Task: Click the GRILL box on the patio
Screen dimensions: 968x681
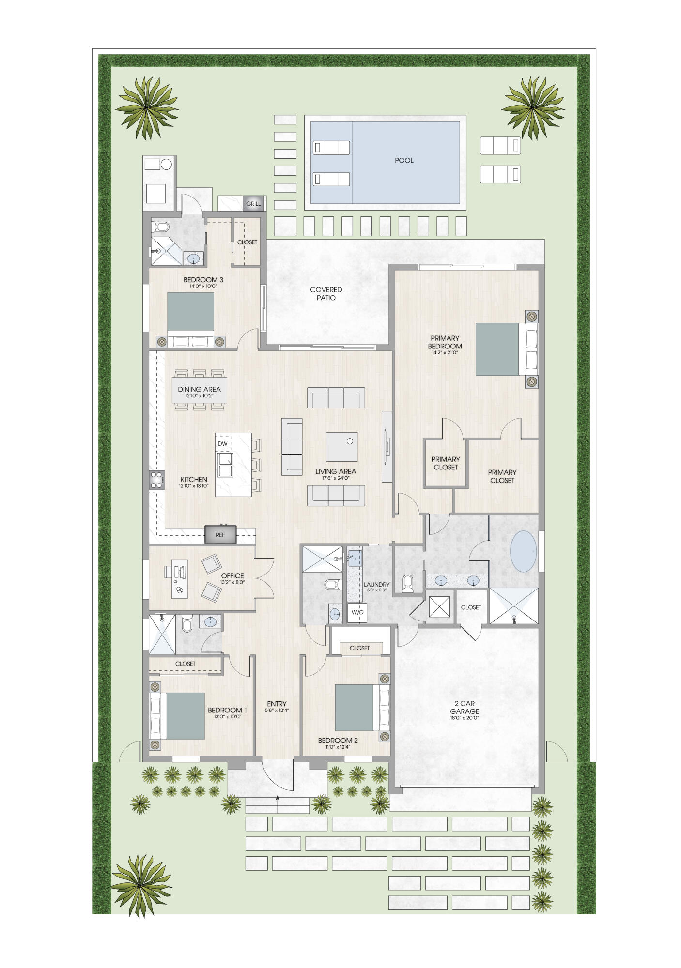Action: pyautogui.click(x=253, y=204)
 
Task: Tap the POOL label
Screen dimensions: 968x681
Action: pyautogui.click(x=404, y=160)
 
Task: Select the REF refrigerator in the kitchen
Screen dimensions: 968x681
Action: pyautogui.click(x=220, y=535)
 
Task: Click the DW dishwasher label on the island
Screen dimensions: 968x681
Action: pyautogui.click(x=222, y=443)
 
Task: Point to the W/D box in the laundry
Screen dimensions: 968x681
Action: pyautogui.click(x=357, y=612)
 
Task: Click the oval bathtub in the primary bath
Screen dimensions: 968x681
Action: pyautogui.click(x=524, y=552)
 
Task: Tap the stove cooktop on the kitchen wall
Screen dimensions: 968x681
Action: pyautogui.click(x=156, y=480)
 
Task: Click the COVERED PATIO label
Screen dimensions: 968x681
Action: pyautogui.click(x=326, y=293)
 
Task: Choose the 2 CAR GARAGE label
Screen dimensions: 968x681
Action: pyautogui.click(x=464, y=707)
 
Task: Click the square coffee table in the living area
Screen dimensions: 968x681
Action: pyautogui.click(x=341, y=446)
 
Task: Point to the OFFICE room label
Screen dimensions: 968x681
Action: pyautogui.click(x=232, y=575)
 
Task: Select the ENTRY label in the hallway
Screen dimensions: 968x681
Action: pyautogui.click(x=277, y=704)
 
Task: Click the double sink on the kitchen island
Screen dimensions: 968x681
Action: pyautogui.click(x=225, y=465)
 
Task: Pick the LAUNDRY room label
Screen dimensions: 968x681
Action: pyautogui.click(x=376, y=584)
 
